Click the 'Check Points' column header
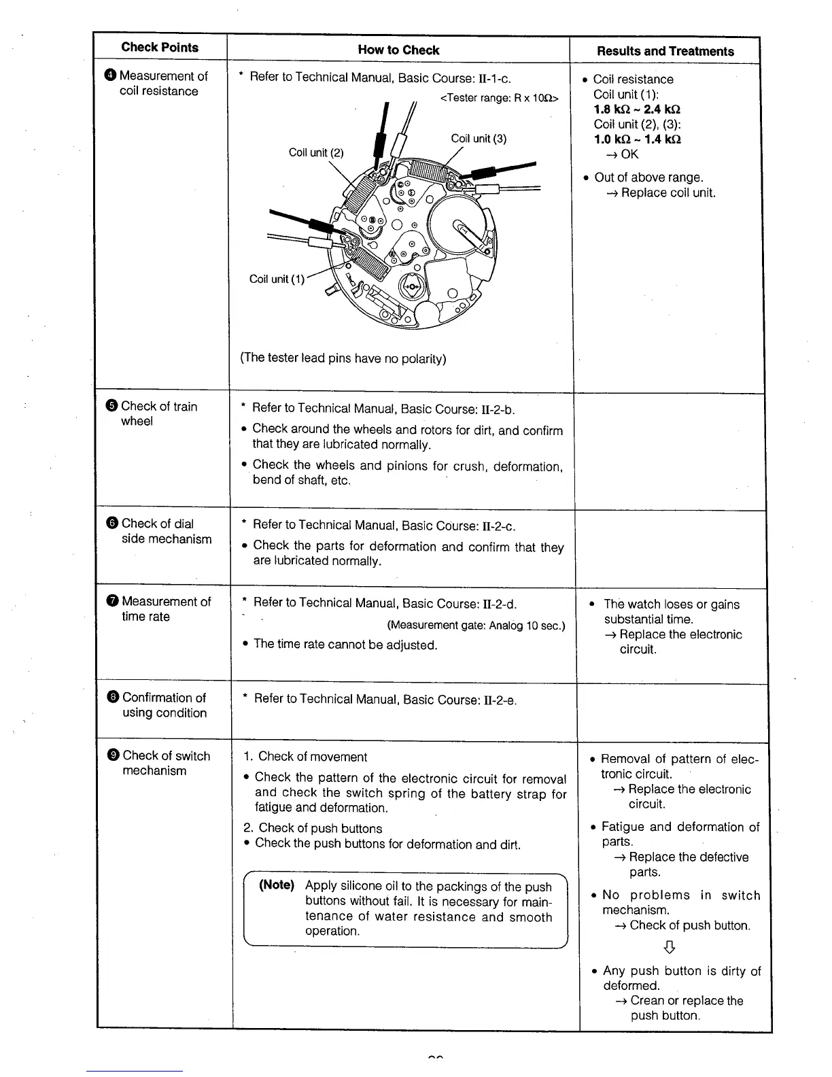pyautogui.click(x=160, y=47)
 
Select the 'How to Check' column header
pyautogui.click(x=398, y=50)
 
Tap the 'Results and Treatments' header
pyautogui.click(x=665, y=51)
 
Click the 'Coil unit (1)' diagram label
pyautogui.click(x=277, y=279)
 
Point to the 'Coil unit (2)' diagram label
pyautogui.click(x=316, y=152)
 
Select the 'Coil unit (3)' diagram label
pyautogui.click(x=479, y=139)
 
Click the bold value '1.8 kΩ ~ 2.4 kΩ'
pyautogui.click(x=637, y=109)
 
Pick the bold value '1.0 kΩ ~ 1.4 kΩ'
pyautogui.click(x=637, y=139)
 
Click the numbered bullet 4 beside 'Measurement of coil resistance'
pyautogui.click(x=110, y=76)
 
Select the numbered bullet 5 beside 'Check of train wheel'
pyautogui.click(x=112, y=407)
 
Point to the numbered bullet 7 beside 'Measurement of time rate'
pyautogui.click(x=113, y=602)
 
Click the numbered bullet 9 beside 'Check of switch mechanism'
pyautogui.click(x=114, y=756)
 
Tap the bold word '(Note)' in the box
pyautogui.click(x=277, y=885)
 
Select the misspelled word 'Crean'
pyautogui.click(x=647, y=1001)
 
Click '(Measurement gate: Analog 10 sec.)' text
pyautogui.click(x=476, y=626)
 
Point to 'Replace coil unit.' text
pyautogui.click(x=668, y=192)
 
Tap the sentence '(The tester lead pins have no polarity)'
pyautogui.click(x=343, y=358)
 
